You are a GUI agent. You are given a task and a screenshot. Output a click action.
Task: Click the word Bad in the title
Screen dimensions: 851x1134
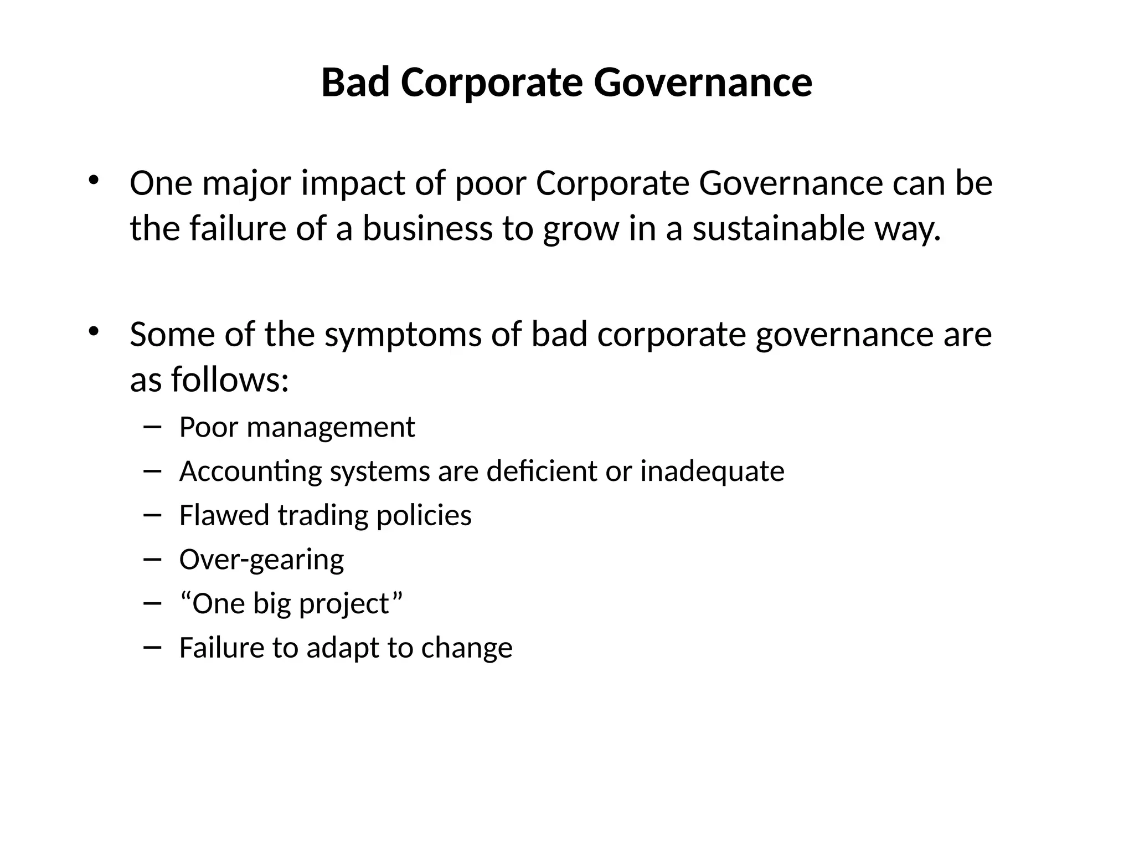point(355,83)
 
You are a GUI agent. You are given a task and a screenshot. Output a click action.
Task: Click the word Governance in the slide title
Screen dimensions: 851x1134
point(703,83)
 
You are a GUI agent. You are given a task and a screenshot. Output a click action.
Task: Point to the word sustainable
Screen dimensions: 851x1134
point(778,228)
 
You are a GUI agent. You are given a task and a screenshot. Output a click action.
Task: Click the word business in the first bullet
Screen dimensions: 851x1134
point(427,228)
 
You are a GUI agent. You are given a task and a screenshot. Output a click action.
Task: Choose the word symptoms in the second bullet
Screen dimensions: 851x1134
point(403,335)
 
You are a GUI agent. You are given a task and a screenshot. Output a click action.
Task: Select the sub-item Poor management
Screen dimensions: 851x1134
point(297,427)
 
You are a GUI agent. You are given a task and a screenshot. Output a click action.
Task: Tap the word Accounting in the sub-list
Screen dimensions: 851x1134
point(250,471)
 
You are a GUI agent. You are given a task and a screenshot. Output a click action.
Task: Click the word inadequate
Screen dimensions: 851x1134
point(712,471)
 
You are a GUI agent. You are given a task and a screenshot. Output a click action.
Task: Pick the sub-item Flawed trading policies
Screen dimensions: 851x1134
point(325,515)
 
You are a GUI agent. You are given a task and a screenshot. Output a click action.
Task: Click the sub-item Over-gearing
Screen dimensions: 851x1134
point(261,560)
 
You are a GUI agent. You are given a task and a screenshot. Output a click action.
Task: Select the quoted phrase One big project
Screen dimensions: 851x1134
point(291,603)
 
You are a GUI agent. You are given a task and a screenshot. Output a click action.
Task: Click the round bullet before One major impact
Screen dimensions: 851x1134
point(93,180)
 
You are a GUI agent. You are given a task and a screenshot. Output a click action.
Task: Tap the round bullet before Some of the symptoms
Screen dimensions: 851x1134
point(93,331)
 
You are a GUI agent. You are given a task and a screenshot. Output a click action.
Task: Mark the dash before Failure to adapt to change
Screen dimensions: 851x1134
point(152,647)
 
